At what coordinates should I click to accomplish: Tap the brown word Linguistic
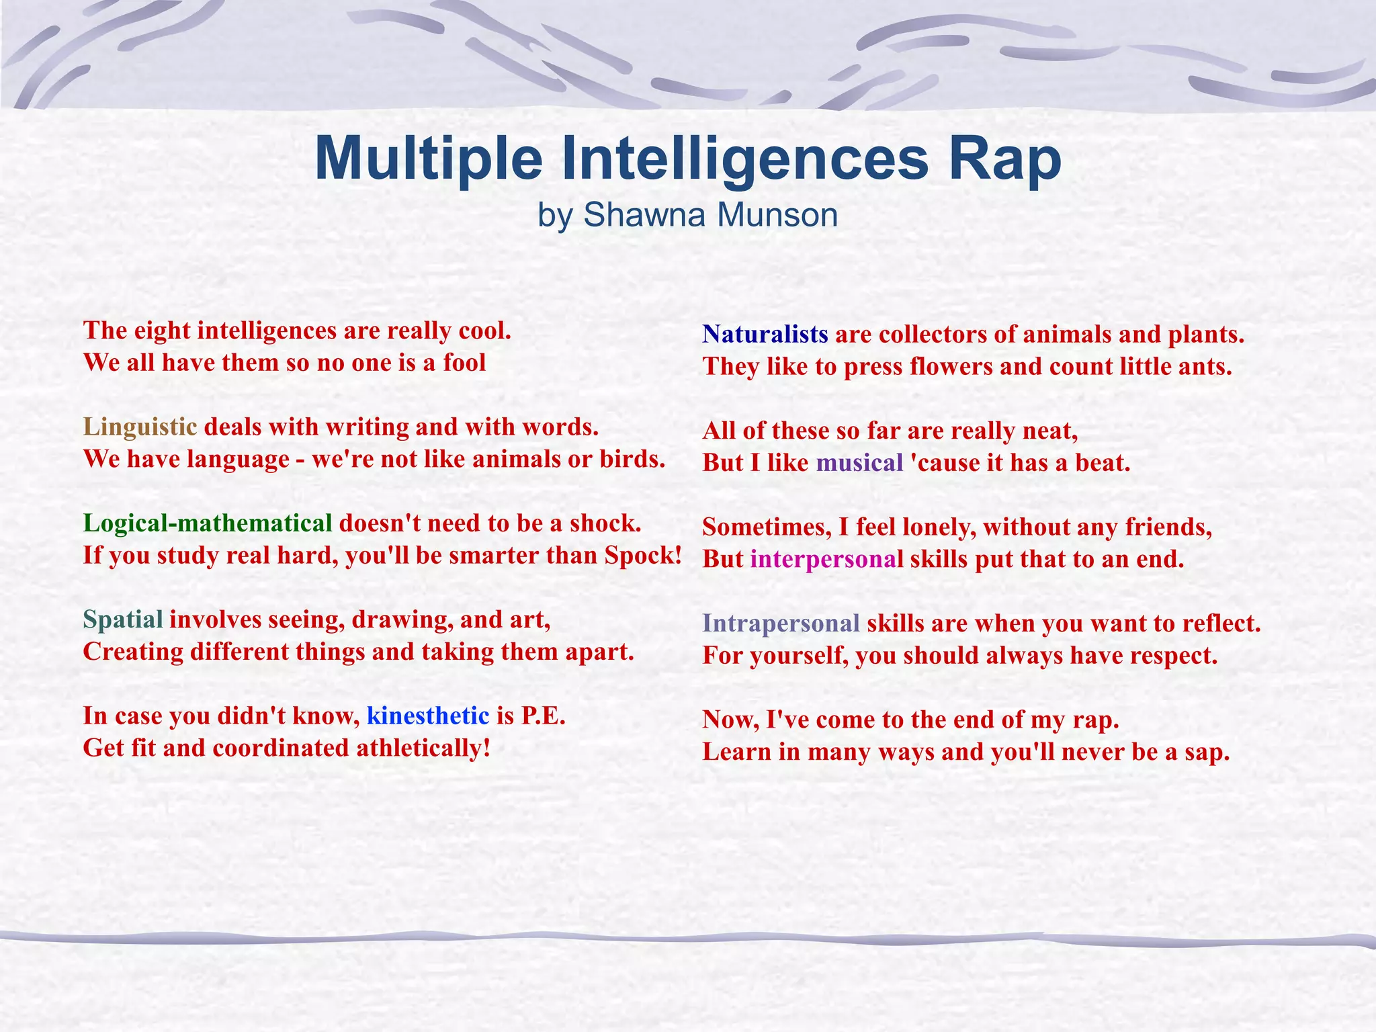140,427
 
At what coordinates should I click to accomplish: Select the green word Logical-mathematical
208,523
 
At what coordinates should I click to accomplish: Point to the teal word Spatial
123,619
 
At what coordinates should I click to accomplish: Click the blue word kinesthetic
428,716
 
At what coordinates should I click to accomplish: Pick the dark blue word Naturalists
765,335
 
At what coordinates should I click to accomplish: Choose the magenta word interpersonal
826,559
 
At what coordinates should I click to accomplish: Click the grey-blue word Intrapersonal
781,623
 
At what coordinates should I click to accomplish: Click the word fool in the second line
464,363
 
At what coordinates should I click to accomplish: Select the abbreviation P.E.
544,716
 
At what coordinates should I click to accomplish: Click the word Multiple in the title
428,160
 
